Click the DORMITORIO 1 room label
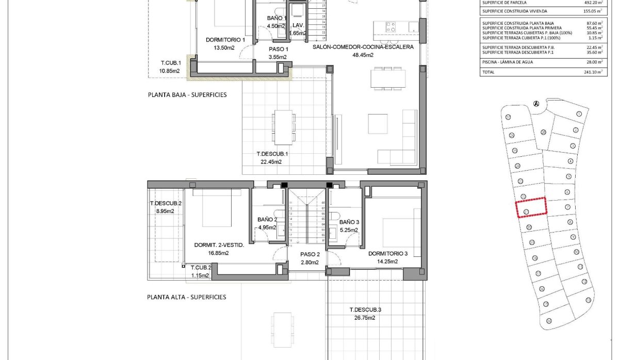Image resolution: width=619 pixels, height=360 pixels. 225,40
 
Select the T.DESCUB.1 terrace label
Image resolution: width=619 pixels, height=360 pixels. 272,154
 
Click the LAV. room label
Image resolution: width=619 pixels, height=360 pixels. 298,25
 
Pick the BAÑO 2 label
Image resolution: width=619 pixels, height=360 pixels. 267,220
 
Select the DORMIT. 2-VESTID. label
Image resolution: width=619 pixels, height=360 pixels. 219,246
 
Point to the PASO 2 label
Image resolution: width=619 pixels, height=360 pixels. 311,254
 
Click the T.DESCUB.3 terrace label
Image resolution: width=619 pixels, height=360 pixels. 365,310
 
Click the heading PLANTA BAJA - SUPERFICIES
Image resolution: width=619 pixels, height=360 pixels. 187,95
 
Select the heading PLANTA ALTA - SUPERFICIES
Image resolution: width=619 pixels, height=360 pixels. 186,297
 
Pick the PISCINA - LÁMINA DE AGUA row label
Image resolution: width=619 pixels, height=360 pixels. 508,62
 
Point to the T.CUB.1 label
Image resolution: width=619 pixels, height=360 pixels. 170,64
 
